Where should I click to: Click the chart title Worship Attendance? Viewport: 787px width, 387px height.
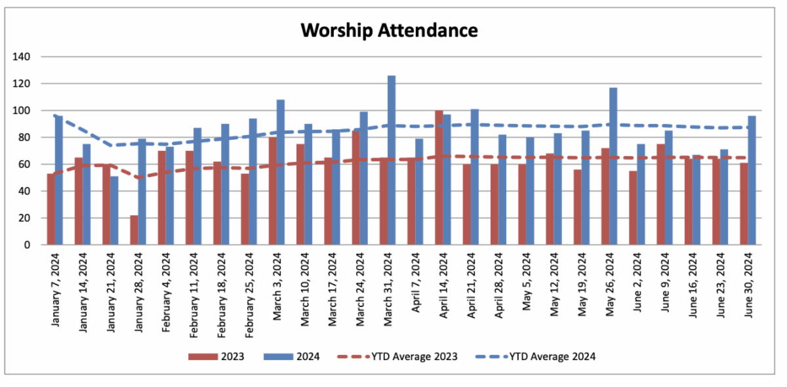click(x=389, y=30)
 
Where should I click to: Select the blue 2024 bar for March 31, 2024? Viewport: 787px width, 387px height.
click(x=392, y=161)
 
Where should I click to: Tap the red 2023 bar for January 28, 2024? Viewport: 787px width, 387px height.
click(x=134, y=230)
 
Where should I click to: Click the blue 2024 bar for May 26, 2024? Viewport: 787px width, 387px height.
click(x=613, y=167)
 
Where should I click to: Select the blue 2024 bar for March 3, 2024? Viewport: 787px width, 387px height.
click(x=281, y=173)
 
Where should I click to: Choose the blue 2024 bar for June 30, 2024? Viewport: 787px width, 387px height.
click(x=752, y=180)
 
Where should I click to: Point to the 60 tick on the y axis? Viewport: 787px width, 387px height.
click(x=25, y=165)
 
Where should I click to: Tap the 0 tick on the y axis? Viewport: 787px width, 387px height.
click(x=28, y=245)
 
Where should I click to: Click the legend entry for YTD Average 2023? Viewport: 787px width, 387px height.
click(x=414, y=357)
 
